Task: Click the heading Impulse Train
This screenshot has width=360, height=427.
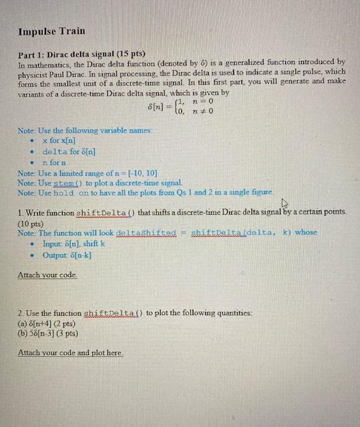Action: (x=51, y=31)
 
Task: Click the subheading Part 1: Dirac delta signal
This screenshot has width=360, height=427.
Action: (x=82, y=52)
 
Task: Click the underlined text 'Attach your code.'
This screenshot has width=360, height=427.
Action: (x=47, y=275)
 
